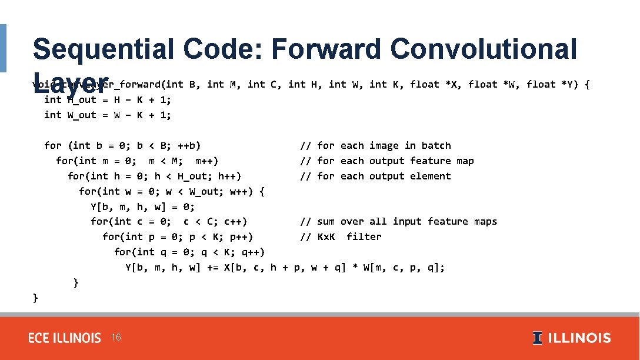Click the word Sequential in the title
[103, 49]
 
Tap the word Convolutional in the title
[483, 49]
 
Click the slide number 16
[116, 338]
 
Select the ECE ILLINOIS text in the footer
[65, 338]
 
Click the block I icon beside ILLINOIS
[537, 338]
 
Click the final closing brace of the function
[35, 298]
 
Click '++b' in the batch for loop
[189, 145]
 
